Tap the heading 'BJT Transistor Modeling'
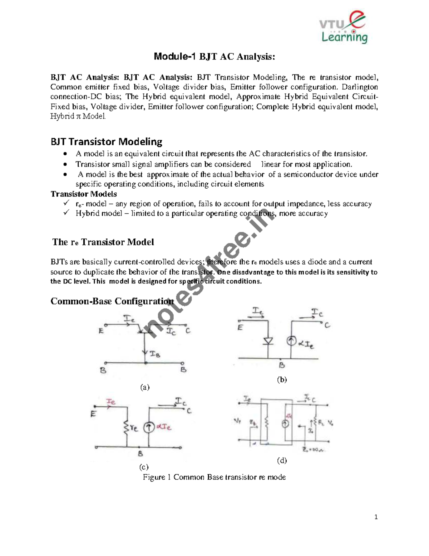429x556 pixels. [x=106, y=142]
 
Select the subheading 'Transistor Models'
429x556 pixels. [x=84, y=194]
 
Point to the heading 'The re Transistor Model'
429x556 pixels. [x=103, y=242]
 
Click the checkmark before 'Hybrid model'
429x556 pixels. [x=66, y=213]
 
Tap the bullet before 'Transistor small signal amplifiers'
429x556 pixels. [x=64, y=165]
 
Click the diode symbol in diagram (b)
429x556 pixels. [x=268, y=340]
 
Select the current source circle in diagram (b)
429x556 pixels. [x=291, y=341]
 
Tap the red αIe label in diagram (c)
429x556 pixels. [x=164, y=427]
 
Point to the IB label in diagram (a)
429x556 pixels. [x=155, y=354]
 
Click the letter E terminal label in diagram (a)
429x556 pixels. [x=102, y=331]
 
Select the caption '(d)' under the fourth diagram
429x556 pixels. [x=282, y=460]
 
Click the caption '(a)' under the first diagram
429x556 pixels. [x=144, y=387]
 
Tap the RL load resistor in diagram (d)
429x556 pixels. [x=315, y=424]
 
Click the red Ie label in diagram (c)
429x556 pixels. [x=111, y=402]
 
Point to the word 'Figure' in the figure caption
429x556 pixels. [x=154, y=477]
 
